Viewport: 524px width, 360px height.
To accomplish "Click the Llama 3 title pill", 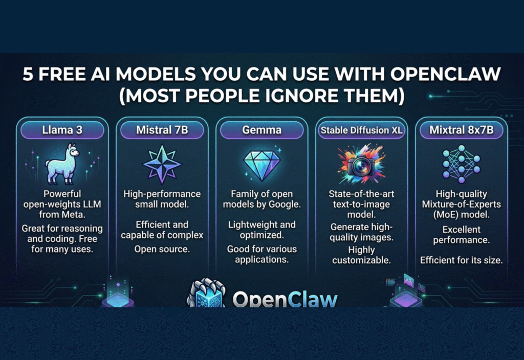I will (x=62, y=130).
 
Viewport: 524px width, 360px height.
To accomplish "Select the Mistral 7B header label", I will (x=162, y=130).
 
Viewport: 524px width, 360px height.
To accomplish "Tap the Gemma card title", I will (x=261, y=130).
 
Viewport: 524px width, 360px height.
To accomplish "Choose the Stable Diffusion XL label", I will (x=361, y=130).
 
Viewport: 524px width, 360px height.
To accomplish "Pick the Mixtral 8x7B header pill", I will (x=461, y=130).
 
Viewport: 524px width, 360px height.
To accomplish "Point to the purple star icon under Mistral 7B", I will (x=162, y=164).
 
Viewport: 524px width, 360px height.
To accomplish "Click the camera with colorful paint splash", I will (x=361, y=163).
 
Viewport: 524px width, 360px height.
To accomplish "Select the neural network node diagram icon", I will (x=461, y=163).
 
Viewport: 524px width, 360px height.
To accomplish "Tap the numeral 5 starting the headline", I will (x=29, y=75).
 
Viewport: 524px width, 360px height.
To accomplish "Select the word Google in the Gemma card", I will (x=282, y=205).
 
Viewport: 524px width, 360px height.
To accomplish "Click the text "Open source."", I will (x=162, y=249).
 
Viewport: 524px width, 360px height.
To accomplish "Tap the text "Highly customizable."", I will (x=361, y=255).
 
